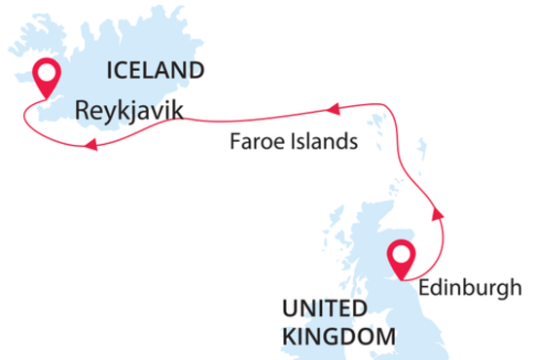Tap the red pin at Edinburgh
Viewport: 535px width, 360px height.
pos(400,259)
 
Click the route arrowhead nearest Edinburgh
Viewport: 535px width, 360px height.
pos(435,210)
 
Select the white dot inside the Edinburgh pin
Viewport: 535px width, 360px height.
pos(400,255)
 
